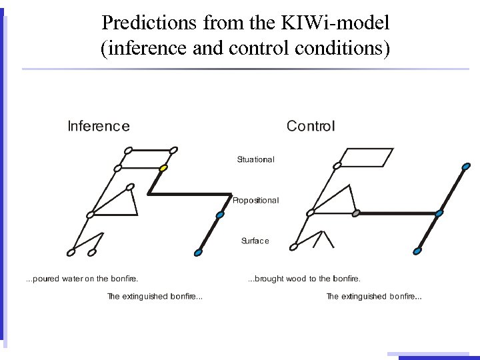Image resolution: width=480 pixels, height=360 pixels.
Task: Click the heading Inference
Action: [99, 126]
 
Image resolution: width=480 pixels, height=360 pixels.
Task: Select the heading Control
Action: [311, 126]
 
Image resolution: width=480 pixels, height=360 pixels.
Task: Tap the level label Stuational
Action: [255, 159]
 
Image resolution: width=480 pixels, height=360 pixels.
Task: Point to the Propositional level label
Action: [255, 200]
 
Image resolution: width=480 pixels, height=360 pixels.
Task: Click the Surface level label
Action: [255, 241]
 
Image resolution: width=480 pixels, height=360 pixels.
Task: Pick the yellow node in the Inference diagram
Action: [163, 168]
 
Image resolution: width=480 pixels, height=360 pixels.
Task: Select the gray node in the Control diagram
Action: [356, 213]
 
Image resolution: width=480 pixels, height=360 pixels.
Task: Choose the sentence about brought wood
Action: [304, 279]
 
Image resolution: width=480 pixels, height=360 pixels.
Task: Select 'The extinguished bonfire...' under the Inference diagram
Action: [155, 297]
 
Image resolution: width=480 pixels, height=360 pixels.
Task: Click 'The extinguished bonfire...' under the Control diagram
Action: [373, 297]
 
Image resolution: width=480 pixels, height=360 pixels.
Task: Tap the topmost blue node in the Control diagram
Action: [466, 166]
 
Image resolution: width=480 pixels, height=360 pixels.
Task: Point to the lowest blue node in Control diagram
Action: [417, 251]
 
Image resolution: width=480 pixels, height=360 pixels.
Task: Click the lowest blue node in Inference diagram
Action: [198, 252]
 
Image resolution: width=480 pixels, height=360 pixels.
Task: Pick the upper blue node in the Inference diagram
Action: [220, 215]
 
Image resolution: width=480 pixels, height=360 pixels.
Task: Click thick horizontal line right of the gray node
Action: [397, 213]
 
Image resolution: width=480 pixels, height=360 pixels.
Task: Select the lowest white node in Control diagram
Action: [293, 247]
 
